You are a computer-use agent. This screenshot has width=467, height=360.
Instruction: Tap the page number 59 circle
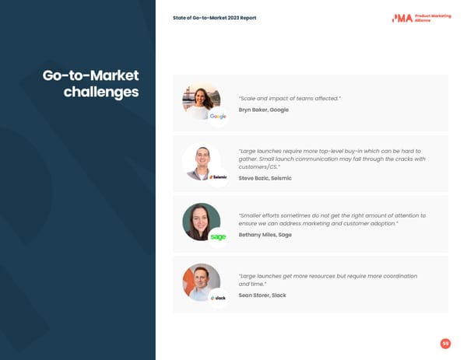pos(445,344)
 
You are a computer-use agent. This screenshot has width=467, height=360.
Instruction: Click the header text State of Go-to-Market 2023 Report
pos(214,18)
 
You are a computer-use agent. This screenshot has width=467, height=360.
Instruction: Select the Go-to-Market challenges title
pos(92,84)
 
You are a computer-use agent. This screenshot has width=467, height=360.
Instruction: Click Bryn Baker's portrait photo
pos(200,101)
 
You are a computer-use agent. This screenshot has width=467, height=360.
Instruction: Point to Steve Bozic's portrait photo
pos(200,161)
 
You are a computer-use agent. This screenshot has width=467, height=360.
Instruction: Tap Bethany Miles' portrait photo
pos(200,221)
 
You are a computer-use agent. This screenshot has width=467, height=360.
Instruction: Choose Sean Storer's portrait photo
pos(200,281)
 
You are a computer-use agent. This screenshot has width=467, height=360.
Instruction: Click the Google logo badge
pos(218,117)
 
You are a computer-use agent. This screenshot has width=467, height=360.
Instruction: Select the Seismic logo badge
pos(218,177)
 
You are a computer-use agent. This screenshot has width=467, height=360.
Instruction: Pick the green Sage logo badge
pos(218,237)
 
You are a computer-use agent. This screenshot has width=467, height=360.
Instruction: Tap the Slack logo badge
pos(218,298)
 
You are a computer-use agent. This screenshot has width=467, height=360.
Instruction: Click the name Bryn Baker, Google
pos(263,110)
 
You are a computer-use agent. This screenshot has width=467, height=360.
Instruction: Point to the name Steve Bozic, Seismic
pos(265,178)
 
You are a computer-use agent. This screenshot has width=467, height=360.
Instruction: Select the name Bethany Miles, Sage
pos(265,234)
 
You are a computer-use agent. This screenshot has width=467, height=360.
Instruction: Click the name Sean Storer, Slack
pos(262,295)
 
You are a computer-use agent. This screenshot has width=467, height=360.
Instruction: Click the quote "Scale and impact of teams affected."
pos(290,99)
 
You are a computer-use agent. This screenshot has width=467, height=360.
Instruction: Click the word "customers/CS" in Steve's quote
pos(258,167)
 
